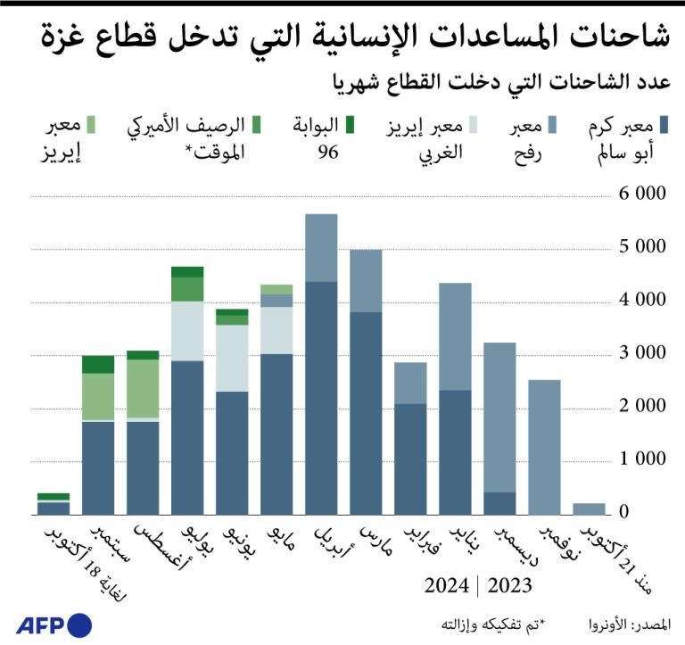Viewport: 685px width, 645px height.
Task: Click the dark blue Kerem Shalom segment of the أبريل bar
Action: tap(321, 398)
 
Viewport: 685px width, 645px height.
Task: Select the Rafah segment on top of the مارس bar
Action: tap(366, 280)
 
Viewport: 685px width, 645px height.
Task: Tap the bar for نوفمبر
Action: tap(544, 447)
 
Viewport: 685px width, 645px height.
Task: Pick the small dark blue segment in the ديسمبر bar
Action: tap(499, 503)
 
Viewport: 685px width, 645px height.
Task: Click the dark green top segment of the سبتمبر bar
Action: tap(98, 364)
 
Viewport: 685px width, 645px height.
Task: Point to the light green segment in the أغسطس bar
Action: tap(143, 388)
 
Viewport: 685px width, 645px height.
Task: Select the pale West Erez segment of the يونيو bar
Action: tap(232, 358)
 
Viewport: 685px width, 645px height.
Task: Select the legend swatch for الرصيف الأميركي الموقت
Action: tap(257, 123)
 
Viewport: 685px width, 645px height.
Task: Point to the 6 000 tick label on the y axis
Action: tap(640, 194)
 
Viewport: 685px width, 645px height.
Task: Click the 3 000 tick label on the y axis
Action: tap(640, 354)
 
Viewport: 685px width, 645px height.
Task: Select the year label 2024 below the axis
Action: tap(447, 586)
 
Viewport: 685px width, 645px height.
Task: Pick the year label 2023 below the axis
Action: tap(509, 586)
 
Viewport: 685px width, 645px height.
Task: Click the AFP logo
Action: tap(54, 624)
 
